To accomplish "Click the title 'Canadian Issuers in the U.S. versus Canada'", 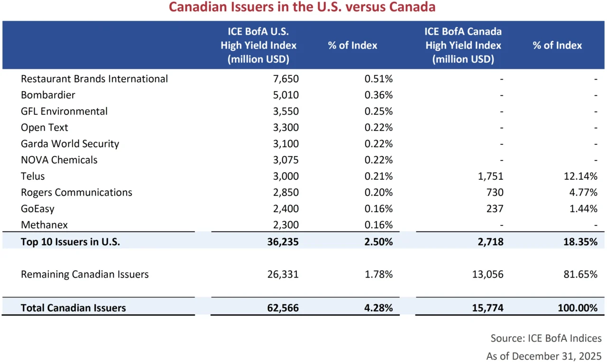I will click(302, 8).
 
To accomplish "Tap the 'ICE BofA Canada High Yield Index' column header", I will click(463, 46).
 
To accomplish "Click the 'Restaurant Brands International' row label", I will click(94, 79).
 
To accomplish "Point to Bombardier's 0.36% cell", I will click(378, 95).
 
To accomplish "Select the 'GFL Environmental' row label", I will click(64, 111).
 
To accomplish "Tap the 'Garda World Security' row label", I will click(70, 144).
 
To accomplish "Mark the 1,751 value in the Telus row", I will click(491, 176).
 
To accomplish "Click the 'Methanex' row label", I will click(44, 225).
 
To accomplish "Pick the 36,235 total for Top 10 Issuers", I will click(283, 241).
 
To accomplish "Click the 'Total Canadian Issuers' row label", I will click(74, 308).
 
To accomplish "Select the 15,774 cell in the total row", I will click(488, 308).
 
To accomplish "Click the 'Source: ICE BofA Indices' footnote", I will click(546, 338).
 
